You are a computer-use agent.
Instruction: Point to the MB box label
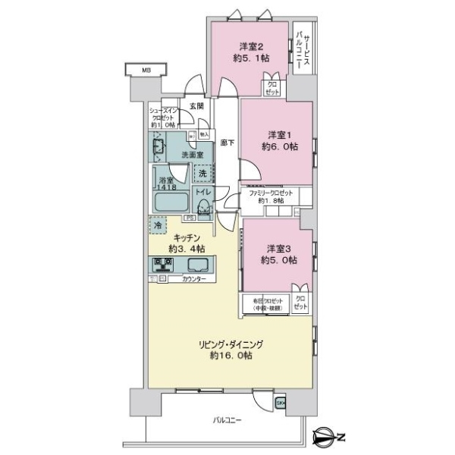(144, 72)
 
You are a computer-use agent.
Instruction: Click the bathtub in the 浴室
(171, 203)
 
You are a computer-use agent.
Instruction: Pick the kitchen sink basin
(200, 265)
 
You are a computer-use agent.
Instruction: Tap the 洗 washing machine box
(202, 174)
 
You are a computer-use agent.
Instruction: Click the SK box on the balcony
(281, 402)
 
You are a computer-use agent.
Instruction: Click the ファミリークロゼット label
(271, 193)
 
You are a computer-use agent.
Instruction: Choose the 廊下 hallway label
(226, 141)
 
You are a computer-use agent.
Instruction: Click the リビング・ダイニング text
(231, 344)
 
